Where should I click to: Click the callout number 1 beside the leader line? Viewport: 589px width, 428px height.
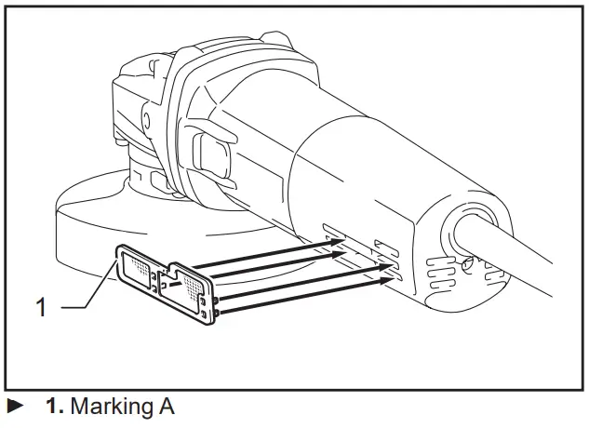coord(41,308)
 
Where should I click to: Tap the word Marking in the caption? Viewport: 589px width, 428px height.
coord(105,407)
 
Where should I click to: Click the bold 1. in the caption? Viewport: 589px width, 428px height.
coord(55,407)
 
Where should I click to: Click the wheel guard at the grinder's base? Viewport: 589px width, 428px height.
coord(84,233)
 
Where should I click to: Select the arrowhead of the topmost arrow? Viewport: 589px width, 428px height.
coord(338,240)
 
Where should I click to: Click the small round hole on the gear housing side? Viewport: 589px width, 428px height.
coord(145,120)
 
